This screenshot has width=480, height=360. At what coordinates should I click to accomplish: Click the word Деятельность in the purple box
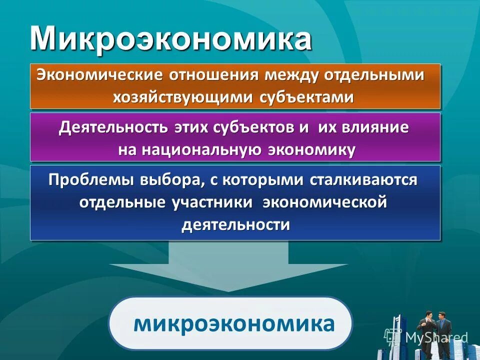click(113, 128)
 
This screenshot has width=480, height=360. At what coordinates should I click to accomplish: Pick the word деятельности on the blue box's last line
click(235, 224)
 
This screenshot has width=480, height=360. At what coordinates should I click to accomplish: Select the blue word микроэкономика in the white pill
click(233, 323)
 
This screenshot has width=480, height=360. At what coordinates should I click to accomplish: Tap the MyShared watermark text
click(436, 337)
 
